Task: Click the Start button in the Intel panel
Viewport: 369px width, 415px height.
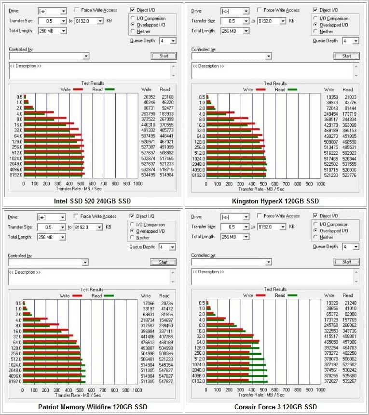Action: coord(164,56)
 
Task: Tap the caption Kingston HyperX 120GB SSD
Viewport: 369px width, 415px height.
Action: coord(275,201)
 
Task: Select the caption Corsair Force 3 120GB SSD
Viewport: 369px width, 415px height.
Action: coord(275,407)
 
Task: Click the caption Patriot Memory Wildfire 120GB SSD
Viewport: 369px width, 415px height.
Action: coord(92,407)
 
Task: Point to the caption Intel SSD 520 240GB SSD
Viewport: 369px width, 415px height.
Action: coord(92,201)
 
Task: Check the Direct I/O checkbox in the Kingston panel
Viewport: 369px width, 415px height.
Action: coord(316,10)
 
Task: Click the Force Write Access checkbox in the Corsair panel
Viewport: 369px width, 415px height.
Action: coord(260,216)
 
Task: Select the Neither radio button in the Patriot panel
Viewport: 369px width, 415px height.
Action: coord(133,238)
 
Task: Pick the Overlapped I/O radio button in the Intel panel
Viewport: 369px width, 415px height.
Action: coord(133,25)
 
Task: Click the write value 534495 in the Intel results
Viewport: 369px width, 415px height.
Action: coord(148,175)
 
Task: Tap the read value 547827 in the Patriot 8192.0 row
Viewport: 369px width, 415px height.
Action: coord(165,381)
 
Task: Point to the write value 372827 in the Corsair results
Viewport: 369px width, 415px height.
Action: coord(330,381)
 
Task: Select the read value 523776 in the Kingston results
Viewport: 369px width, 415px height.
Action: coord(348,175)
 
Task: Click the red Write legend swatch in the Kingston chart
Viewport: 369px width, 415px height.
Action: coord(261,90)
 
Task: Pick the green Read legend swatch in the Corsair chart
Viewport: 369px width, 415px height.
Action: coord(292,295)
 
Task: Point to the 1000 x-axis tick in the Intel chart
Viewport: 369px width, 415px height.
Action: coord(137,184)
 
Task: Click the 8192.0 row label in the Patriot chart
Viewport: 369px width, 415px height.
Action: coord(16,381)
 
